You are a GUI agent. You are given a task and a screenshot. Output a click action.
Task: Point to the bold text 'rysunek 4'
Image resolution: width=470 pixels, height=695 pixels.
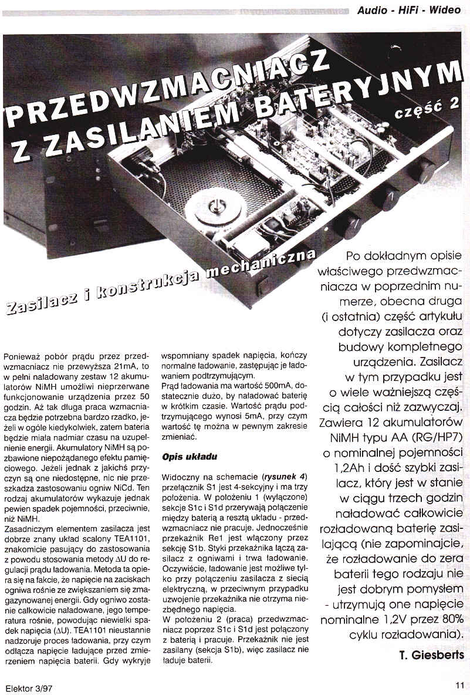tap(286, 474)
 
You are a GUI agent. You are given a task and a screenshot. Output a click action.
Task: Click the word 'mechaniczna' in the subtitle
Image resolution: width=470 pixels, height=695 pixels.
tap(272, 265)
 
